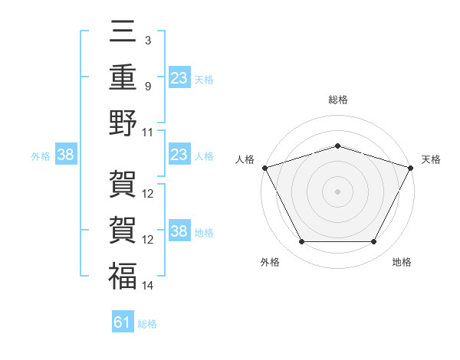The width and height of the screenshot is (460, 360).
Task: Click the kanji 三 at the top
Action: coord(123,31)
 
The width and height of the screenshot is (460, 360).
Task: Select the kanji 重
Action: coord(123,77)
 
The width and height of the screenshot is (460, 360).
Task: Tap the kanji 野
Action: coord(123,123)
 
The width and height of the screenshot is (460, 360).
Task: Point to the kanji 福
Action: coord(123,276)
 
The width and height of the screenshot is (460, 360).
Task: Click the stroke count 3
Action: coord(148,41)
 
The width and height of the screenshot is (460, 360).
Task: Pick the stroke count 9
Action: coord(148,87)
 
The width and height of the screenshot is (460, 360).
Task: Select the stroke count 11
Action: coord(147,133)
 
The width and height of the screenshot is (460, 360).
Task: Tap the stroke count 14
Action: coord(147,286)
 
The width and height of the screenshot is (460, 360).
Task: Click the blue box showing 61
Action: coord(123,321)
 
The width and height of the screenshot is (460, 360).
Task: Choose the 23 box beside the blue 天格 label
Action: coord(179,77)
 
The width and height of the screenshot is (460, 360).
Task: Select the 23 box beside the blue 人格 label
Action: coord(179,154)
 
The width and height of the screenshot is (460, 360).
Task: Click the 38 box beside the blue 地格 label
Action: coord(179,230)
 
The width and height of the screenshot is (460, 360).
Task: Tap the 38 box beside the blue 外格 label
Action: coord(66,154)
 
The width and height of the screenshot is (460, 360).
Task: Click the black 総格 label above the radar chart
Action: coord(338,100)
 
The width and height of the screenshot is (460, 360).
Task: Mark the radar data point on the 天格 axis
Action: coord(411,168)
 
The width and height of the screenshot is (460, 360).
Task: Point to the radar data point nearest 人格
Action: coord(265,168)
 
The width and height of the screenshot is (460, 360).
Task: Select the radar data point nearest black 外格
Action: coord(302,241)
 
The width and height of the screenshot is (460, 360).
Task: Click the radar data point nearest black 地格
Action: coord(374,241)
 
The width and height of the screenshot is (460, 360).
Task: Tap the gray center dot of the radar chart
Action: coord(337,191)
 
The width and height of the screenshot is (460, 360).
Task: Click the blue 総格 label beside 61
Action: coord(147,324)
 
